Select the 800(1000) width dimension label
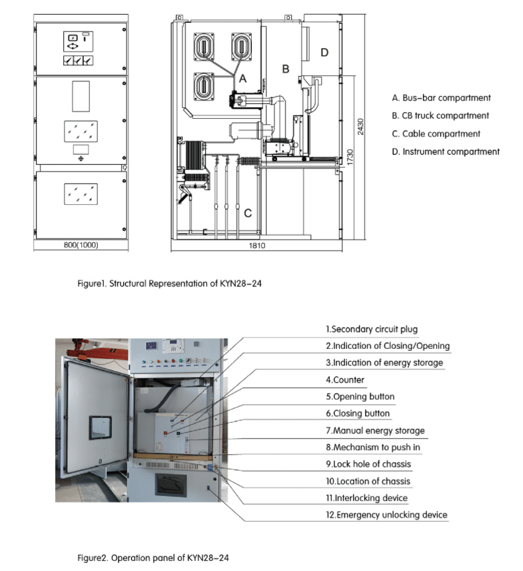pyautogui.click(x=81, y=245)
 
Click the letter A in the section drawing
pyautogui.click(x=243, y=78)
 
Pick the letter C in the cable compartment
pyautogui.click(x=247, y=213)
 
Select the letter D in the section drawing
pyautogui.click(x=324, y=52)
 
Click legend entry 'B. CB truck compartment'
pyautogui.click(x=440, y=115)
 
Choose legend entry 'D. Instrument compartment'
pyautogui.click(x=446, y=151)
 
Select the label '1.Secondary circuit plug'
pyautogui.click(x=372, y=329)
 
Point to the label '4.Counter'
pyautogui.click(x=345, y=380)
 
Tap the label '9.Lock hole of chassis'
pyautogui.click(x=369, y=464)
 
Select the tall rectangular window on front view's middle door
pyautogui.click(x=81, y=96)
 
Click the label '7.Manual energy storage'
pyautogui.click(x=375, y=430)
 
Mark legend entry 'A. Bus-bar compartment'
pyautogui.click(x=441, y=98)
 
